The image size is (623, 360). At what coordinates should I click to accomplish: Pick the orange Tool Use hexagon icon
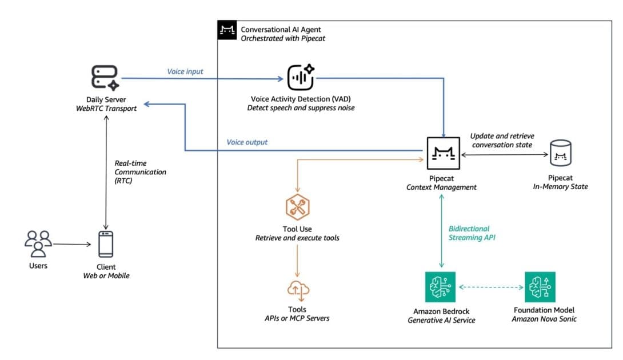(297, 208)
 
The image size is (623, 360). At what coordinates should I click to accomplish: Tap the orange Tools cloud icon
(297, 290)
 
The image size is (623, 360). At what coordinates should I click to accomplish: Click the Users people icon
(38, 244)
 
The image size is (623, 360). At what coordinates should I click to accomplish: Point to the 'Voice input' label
(185, 71)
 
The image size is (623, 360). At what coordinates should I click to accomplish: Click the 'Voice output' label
(247, 142)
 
